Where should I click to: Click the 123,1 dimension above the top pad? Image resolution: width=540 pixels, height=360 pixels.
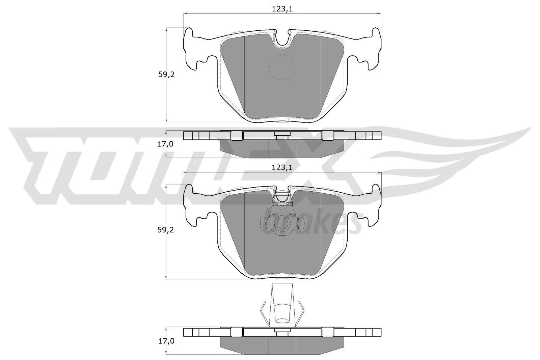pos(282,9)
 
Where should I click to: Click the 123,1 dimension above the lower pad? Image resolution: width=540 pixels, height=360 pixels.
pos(282,167)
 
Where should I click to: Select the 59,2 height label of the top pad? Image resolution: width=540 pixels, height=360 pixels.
pos(166,75)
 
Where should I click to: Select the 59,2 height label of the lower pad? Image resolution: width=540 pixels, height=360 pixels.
pos(166,230)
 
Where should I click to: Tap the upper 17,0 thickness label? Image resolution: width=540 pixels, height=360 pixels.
pos(166,144)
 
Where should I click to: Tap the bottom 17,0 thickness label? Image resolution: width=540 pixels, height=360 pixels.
pos(166,341)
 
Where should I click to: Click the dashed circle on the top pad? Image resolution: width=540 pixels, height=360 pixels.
pos(282,67)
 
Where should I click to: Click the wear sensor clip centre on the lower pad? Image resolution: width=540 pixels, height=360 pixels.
pos(282,223)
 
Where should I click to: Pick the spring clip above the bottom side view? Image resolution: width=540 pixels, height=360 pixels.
pos(282,305)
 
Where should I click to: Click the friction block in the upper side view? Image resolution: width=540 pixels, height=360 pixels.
pos(282,148)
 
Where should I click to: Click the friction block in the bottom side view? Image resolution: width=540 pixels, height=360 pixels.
pos(282,345)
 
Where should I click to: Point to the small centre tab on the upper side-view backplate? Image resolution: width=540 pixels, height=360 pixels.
pos(282,134)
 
